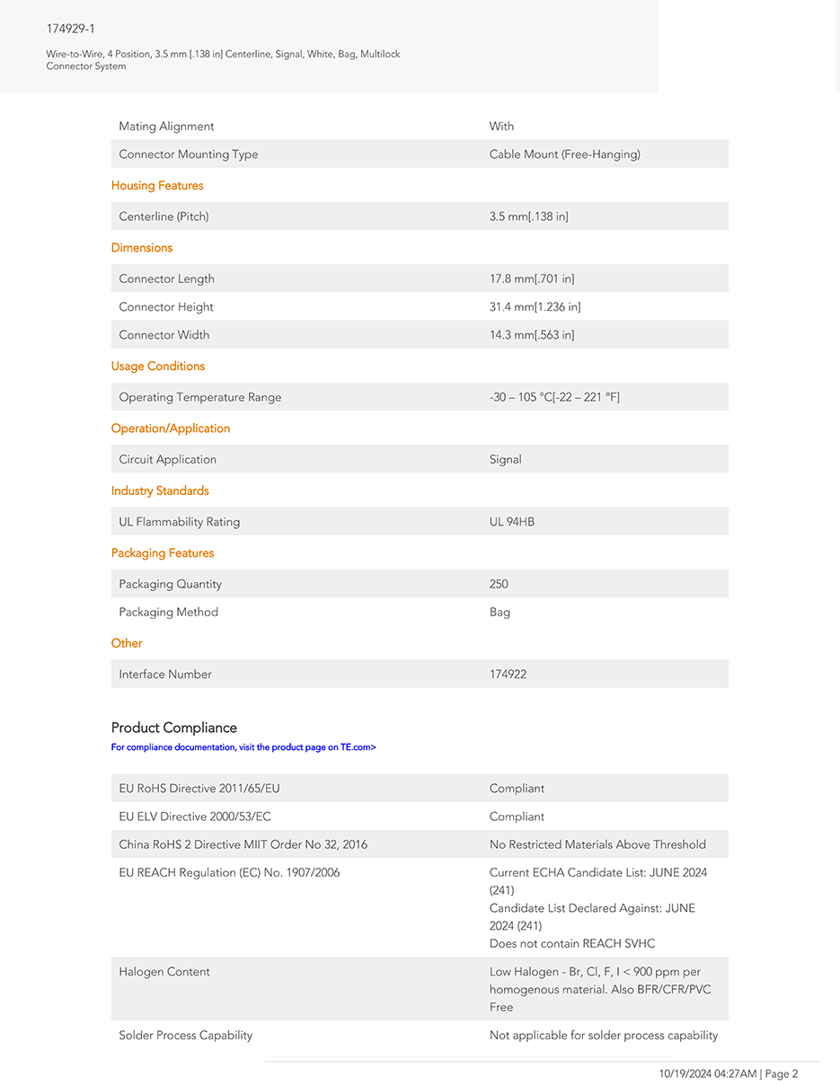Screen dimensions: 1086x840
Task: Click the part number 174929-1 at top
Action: click(71, 29)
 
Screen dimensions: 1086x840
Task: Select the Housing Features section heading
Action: click(157, 186)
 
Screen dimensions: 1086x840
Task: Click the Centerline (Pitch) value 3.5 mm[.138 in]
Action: click(528, 216)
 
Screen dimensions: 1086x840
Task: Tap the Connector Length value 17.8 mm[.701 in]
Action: click(532, 278)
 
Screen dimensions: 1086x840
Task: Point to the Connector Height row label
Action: click(166, 307)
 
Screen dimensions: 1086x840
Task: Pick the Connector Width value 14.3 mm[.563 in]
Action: click(532, 335)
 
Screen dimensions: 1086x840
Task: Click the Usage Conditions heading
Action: click(158, 366)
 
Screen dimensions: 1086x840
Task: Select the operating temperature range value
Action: click(554, 397)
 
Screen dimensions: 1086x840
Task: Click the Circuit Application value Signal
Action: click(505, 459)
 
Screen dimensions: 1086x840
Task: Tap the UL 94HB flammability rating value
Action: click(512, 522)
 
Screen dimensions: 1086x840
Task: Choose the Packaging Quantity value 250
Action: click(499, 584)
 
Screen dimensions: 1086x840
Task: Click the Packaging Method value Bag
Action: click(500, 613)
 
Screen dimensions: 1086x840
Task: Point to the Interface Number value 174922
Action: click(508, 675)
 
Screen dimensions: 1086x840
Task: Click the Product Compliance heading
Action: click(174, 728)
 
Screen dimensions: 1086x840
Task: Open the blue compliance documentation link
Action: click(243, 747)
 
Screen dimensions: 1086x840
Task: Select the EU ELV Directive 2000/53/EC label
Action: click(195, 817)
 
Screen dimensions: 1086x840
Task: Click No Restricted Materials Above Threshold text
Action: click(597, 844)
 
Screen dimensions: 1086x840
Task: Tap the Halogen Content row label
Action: click(164, 972)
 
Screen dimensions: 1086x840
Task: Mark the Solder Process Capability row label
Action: click(186, 1036)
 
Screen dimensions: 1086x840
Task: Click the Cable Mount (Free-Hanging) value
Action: click(564, 155)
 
